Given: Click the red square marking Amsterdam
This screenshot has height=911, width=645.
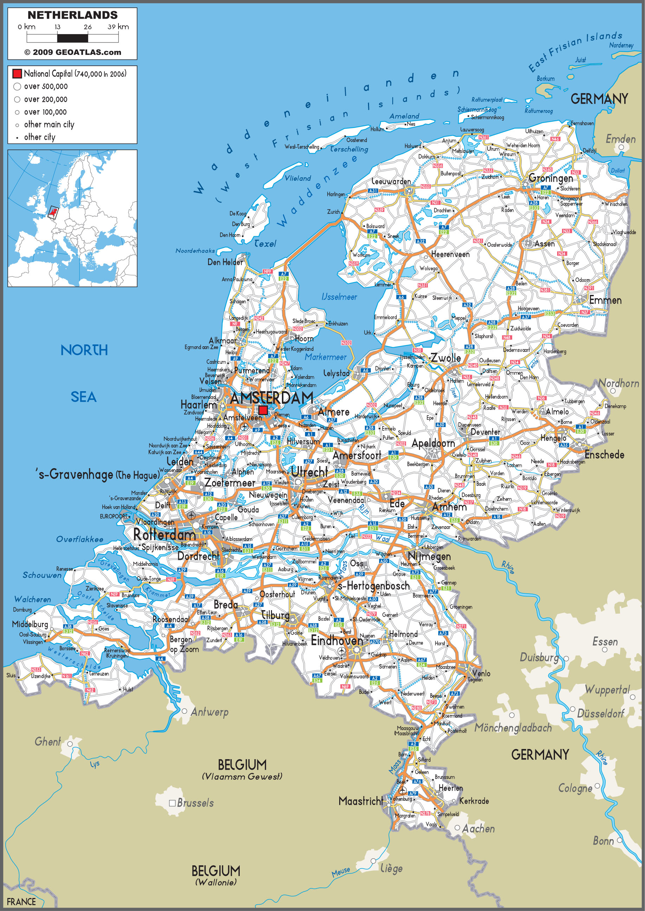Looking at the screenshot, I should [263, 410].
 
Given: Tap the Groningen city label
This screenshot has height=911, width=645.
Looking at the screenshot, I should [550, 178].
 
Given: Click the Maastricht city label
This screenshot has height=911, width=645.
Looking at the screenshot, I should [361, 801].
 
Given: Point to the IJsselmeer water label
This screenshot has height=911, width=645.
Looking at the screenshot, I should [339, 297].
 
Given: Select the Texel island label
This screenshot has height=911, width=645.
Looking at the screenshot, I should [265, 244].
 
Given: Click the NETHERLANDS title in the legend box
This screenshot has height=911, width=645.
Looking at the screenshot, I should [73, 15].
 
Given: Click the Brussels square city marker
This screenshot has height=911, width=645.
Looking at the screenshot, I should [172, 803].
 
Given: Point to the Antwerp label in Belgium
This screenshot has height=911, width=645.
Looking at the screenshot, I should [209, 712].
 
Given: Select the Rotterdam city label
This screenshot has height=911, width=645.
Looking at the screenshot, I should [164, 535].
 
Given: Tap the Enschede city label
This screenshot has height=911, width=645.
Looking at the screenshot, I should [604, 455].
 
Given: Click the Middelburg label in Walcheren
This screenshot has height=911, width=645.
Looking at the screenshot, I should [30, 624].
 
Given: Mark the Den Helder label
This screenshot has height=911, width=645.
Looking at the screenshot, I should [225, 262].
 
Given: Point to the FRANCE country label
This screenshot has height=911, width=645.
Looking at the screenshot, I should [21, 902].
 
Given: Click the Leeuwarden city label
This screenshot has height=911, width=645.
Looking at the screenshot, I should [391, 181].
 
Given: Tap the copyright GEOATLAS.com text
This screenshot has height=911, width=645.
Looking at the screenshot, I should [73, 52].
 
